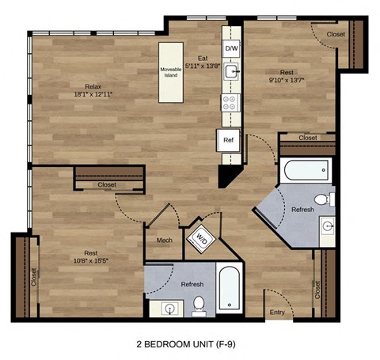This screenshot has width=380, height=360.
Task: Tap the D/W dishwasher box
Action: coord(231,49)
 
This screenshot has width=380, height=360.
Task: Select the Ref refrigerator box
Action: coord(229,140)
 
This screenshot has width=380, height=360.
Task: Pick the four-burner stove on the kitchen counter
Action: coord(230,102)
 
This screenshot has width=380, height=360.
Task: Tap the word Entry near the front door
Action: coord(276,313)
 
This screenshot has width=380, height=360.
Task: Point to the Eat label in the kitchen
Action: coord(203,58)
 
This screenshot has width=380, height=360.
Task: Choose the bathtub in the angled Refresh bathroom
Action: coord(304,169)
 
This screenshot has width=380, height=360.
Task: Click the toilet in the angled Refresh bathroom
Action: coord(321,198)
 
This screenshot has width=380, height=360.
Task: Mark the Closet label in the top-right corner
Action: coord(336,35)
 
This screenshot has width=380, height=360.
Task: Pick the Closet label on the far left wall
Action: coord(33,276)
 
